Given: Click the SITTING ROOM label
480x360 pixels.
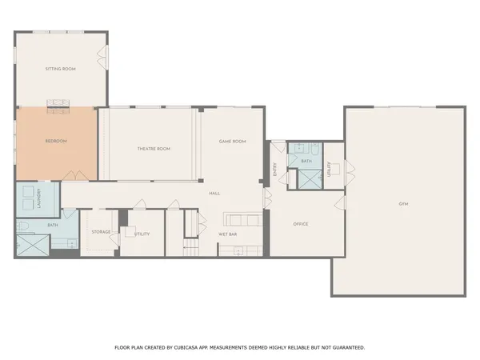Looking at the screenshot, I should (60, 70).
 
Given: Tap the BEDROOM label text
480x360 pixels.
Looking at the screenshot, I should (55, 142).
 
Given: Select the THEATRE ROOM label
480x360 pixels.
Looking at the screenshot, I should (154, 149).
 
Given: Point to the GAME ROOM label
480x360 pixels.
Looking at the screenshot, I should (232, 142).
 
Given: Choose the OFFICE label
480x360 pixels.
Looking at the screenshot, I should (300, 224).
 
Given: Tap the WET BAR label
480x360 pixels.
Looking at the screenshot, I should (229, 234).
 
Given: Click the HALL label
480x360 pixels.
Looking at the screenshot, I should (214, 194).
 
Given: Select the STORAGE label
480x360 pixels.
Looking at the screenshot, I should (101, 232).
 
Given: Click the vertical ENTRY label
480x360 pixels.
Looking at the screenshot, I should (274, 169).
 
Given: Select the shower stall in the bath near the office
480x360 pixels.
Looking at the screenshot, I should (306, 179).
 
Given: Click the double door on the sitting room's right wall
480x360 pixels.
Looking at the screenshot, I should (102, 55).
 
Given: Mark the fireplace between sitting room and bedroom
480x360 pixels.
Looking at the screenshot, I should (57, 102).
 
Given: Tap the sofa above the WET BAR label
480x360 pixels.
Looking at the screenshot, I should (242, 220).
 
